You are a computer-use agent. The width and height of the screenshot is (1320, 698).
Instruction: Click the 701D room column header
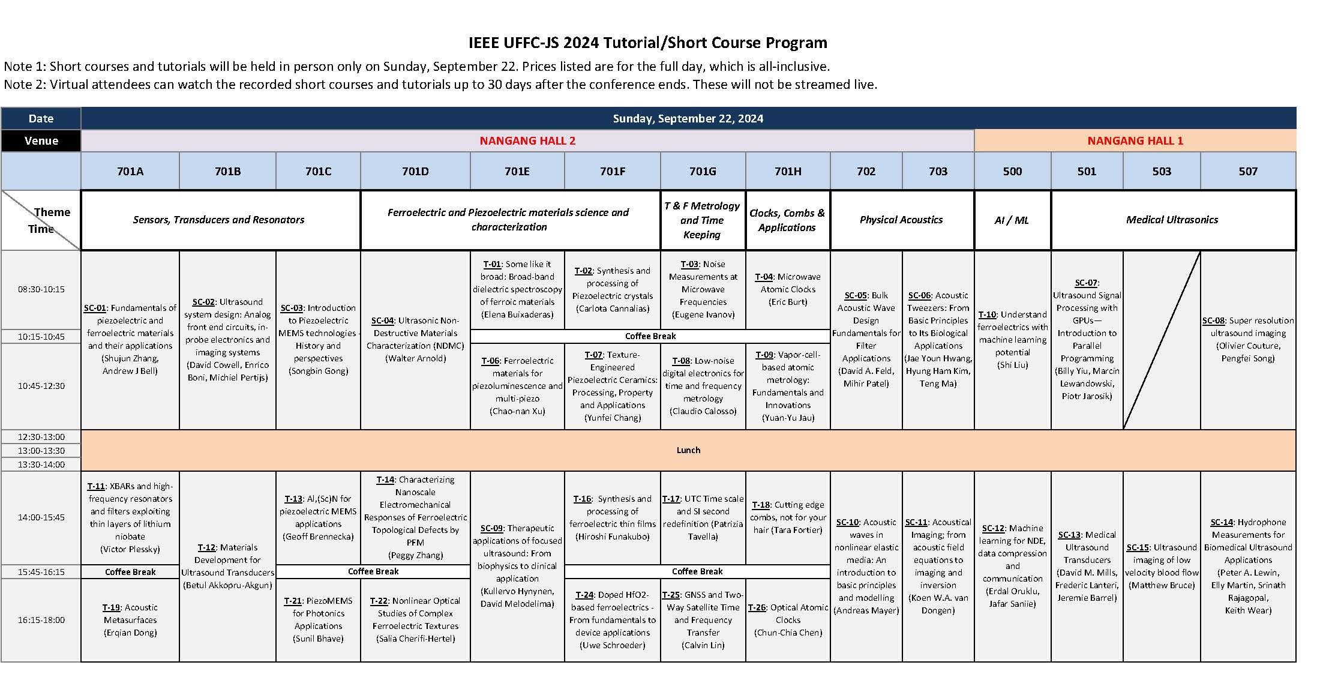pyautogui.click(x=415, y=171)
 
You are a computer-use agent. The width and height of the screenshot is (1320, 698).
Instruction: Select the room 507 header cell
pyautogui.click(x=1248, y=171)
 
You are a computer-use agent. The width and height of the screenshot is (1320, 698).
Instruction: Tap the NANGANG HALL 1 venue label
pyautogui.click(x=1135, y=140)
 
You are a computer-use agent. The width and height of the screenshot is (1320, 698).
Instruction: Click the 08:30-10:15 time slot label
pyautogui.click(x=41, y=289)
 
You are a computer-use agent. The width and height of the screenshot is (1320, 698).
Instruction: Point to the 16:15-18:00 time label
pyautogui.click(x=41, y=620)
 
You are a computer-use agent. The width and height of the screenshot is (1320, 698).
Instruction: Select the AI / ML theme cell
pyautogui.click(x=1012, y=220)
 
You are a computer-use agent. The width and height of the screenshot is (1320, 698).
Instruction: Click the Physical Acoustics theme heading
pyautogui.click(x=901, y=220)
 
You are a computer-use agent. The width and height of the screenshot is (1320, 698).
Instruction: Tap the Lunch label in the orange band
pyautogui.click(x=688, y=450)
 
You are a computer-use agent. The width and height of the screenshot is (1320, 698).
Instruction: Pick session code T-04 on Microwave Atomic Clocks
pyautogui.click(x=764, y=277)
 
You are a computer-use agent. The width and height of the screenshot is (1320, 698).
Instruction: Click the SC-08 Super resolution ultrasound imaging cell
pyautogui.click(x=1248, y=339)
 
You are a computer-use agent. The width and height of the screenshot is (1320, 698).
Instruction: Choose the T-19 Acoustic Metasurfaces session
pyautogui.click(x=130, y=620)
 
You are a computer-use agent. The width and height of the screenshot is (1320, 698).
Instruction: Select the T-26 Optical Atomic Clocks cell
pyautogui.click(x=788, y=620)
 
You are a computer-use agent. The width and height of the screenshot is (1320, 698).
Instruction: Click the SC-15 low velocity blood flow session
pyautogui.click(x=1162, y=566)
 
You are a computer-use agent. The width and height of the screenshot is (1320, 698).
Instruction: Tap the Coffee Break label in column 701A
pyautogui.click(x=130, y=572)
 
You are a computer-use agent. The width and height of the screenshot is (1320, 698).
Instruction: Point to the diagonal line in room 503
pyautogui.click(x=1162, y=340)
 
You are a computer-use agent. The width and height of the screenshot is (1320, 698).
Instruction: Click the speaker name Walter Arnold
pyautogui.click(x=415, y=358)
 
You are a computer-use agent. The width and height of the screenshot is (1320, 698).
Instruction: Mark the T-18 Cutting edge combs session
pyautogui.click(x=788, y=517)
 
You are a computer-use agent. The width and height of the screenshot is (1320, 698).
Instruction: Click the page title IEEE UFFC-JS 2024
pyautogui.click(x=647, y=43)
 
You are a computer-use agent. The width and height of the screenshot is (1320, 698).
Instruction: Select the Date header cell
pyautogui.click(x=41, y=118)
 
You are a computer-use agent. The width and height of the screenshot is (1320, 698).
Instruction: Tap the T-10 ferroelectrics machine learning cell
pyautogui.click(x=1012, y=340)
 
